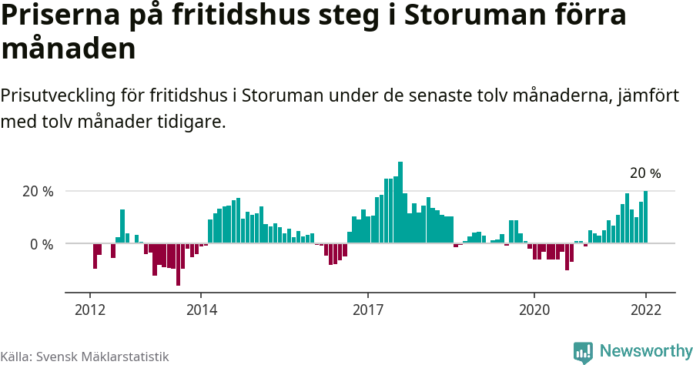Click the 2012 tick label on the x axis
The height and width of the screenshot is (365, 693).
click(90, 310)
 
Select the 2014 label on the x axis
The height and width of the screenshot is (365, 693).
click(201, 310)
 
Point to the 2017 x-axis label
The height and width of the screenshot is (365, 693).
click(368, 310)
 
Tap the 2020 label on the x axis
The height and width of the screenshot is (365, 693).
click(534, 310)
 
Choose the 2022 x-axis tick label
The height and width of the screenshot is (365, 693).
click(645, 310)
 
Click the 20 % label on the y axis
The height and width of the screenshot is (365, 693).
click(38, 192)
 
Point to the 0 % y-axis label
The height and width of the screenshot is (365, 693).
click(42, 244)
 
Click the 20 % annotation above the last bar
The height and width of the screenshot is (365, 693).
click(645, 173)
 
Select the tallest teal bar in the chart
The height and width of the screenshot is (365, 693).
click(400, 203)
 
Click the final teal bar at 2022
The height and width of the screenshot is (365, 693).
click(646, 217)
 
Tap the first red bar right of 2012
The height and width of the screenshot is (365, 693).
click(95, 256)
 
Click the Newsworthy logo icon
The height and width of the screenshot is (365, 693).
click(583, 352)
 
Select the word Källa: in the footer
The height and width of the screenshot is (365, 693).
click(16, 357)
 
